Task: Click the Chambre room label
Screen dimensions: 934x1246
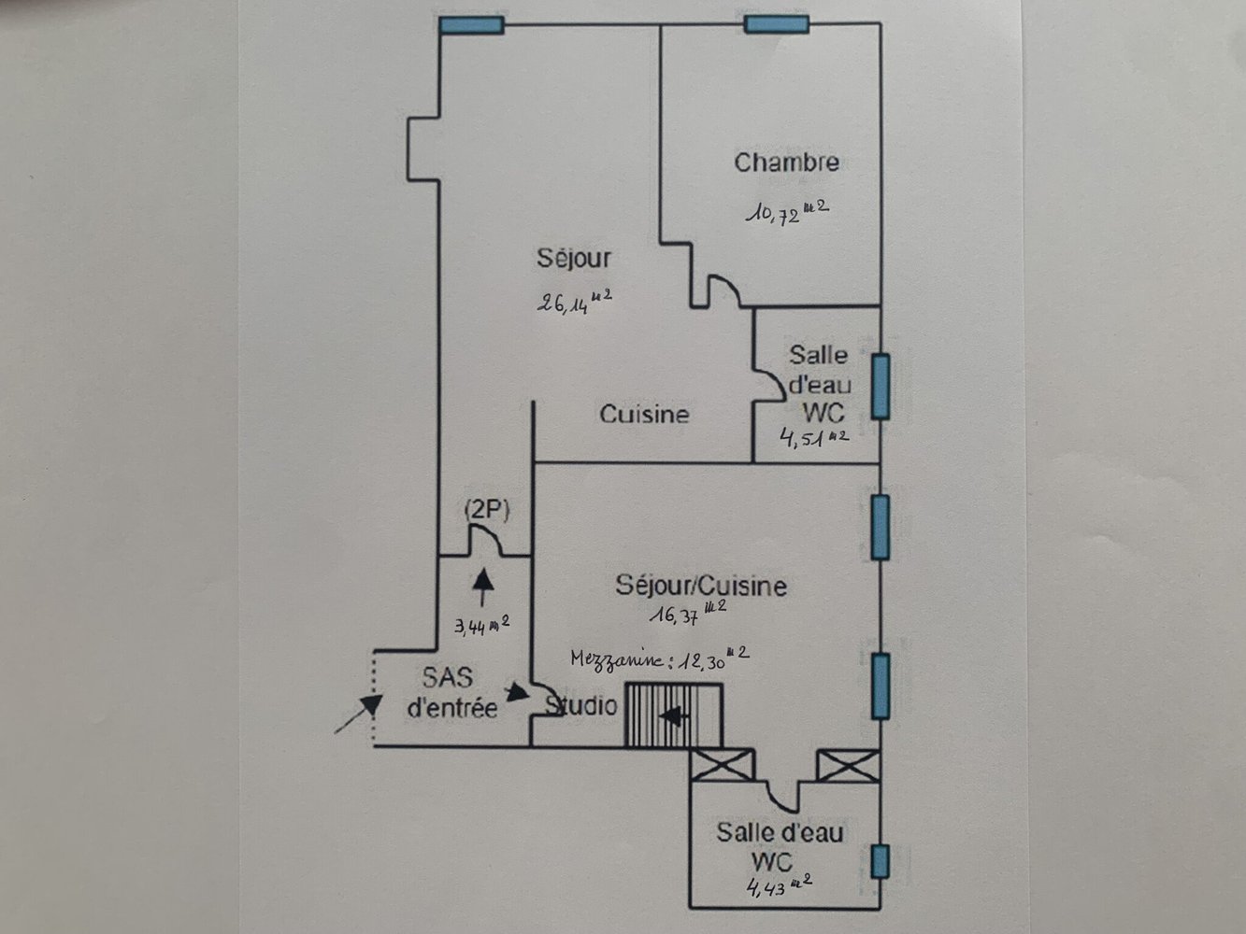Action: pyautogui.click(x=786, y=163)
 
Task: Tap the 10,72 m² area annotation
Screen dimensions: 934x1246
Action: pyautogui.click(x=786, y=212)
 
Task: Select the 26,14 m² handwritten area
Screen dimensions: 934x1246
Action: pyautogui.click(x=574, y=302)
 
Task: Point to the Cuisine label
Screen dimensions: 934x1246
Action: pyautogui.click(x=644, y=414)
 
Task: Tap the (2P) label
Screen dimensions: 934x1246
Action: pyautogui.click(x=486, y=510)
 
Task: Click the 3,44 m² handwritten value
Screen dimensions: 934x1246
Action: pyautogui.click(x=481, y=625)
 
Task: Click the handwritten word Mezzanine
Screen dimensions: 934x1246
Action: pyautogui.click(x=618, y=658)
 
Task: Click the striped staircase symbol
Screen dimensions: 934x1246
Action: pyautogui.click(x=673, y=715)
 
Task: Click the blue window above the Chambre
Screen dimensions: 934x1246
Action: pyautogui.click(x=777, y=23)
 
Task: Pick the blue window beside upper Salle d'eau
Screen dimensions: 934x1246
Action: pyautogui.click(x=880, y=386)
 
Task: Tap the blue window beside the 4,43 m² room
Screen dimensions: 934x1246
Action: pyautogui.click(x=880, y=861)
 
